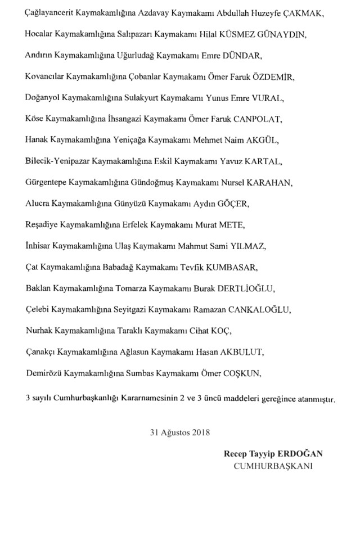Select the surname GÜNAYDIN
285,35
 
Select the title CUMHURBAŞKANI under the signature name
274,466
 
